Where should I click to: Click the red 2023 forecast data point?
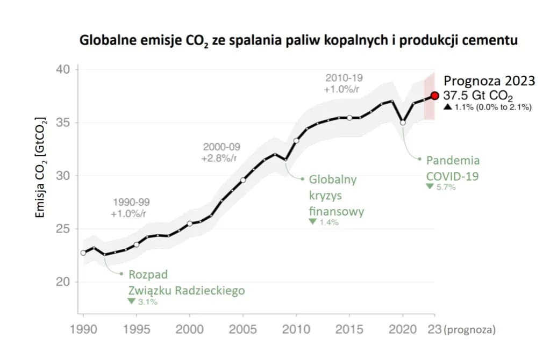[435, 96]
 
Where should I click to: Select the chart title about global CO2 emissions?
[298, 40]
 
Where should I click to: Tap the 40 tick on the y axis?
[63, 70]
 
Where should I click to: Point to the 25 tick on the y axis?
[63, 229]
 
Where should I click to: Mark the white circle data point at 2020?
[403, 123]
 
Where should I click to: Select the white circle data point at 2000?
[190, 224]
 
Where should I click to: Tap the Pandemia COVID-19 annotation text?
[452, 168]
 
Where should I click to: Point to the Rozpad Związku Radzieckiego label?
[186, 283]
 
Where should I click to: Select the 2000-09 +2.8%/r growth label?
[222, 153]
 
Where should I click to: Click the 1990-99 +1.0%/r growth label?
[131, 208]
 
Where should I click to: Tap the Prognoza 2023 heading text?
[489, 81]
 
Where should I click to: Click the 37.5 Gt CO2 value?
[478, 96]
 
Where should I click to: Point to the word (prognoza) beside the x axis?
[470, 328]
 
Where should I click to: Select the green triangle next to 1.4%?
[312, 221]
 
